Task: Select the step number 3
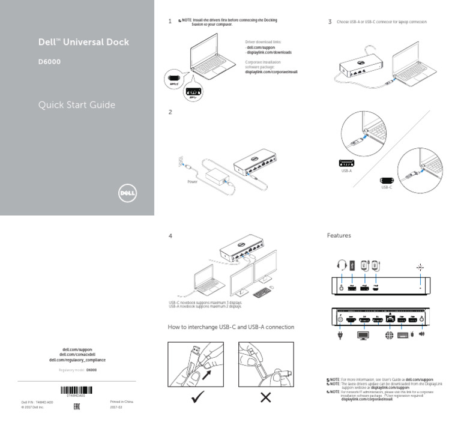(x=330, y=22)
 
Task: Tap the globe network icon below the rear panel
(x=391, y=336)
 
